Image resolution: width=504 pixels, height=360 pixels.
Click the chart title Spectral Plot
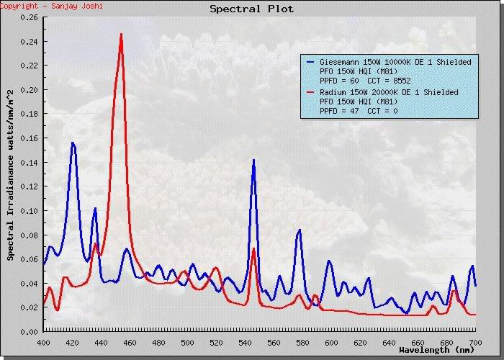(251, 9)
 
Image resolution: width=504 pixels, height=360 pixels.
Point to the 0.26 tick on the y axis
(30, 18)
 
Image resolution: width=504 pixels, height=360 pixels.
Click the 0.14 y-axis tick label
(30, 163)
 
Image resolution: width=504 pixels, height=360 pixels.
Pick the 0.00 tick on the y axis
(30, 331)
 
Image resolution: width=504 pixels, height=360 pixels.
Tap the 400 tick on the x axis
(43, 341)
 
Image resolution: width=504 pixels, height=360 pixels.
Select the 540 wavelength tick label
(245, 341)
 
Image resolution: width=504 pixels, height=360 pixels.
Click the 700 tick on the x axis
(475, 341)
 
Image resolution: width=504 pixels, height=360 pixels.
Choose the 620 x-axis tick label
(360, 341)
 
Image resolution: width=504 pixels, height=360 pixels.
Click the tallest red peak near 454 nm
(121, 34)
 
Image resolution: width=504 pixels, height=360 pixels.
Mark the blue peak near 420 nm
(73, 143)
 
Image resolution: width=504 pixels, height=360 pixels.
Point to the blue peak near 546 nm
(253, 161)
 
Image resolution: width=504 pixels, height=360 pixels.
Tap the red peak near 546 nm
(253, 249)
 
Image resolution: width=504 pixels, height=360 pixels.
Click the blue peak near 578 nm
(300, 230)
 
